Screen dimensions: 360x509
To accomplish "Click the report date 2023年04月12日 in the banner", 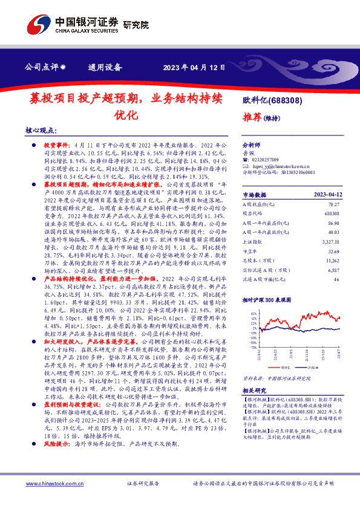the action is [195, 67].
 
